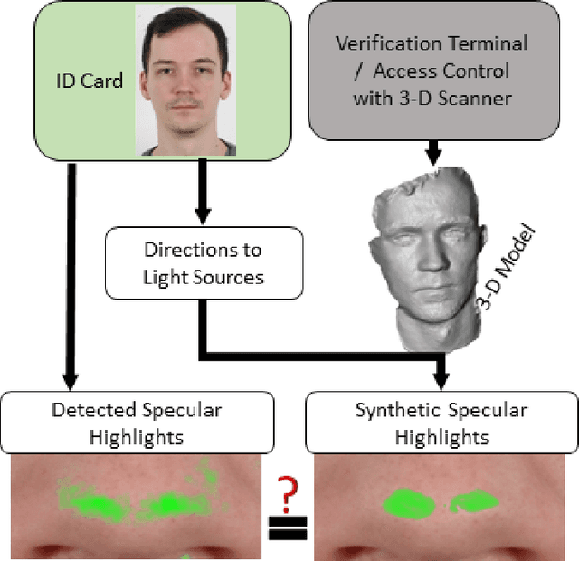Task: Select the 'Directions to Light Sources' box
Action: [203, 263]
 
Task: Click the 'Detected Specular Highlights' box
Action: [138, 423]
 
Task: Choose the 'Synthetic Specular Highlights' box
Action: [442, 423]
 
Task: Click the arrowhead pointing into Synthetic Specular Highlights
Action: [442, 380]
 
